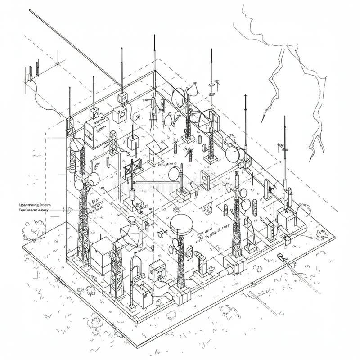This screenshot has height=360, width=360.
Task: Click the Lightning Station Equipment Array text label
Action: tap(34, 207)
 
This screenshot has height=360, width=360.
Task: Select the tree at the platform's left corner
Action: tap(34, 230)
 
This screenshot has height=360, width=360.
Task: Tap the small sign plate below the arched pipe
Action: tap(139, 278)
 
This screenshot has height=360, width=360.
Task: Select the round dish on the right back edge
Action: tap(233, 154)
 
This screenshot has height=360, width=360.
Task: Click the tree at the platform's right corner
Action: tap(322, 234)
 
